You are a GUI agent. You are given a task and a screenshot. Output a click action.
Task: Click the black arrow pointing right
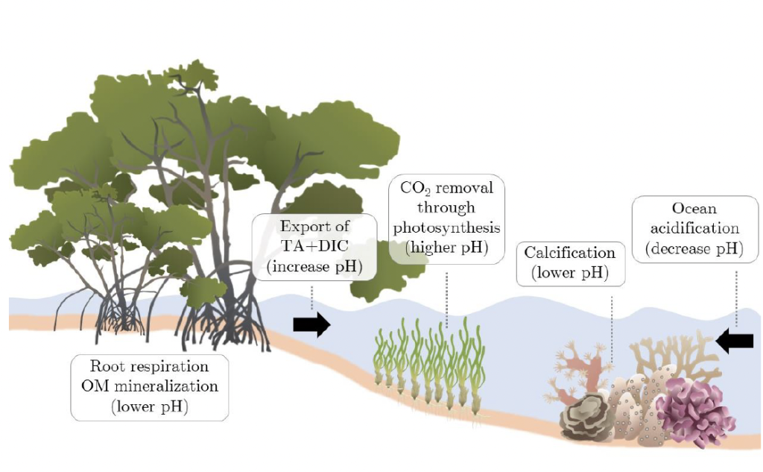311,324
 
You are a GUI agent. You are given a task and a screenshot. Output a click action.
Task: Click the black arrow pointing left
735,341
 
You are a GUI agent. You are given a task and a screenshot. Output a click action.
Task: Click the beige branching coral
674,353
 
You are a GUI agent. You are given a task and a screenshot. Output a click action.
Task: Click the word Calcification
570,253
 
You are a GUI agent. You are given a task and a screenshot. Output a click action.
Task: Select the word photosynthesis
447,227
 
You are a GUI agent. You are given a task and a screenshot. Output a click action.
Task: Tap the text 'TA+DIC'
314,246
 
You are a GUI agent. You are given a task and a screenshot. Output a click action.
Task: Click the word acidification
694,227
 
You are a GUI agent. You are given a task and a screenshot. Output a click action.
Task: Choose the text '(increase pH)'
314,266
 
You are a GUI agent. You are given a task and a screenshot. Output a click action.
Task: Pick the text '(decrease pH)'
694,248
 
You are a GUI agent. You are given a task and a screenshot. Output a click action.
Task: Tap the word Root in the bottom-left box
105,366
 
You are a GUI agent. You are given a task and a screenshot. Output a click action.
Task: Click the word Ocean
694,208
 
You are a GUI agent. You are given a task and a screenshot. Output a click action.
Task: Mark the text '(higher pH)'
447,248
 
